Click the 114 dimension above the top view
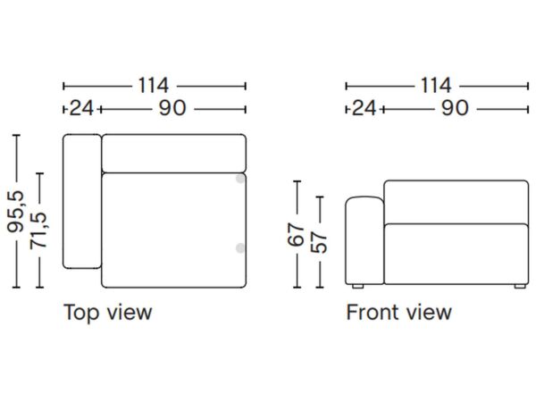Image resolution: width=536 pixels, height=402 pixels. click(x=153, y=86)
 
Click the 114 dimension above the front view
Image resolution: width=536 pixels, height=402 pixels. click(x=436, y=86)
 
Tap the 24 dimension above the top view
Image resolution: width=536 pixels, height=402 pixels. click(x=81, y=108)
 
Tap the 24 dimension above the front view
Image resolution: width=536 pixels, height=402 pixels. click(x=364, y=108)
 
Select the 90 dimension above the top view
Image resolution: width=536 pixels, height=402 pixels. click(x=172, y=108)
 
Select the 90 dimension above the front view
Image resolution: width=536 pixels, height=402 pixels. click(x=455, y=108)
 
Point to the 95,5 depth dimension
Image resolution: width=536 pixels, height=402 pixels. click(x=16, y=212)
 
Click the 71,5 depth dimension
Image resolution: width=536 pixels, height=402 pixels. click(x=38, y=230)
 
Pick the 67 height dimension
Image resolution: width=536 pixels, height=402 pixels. click(x=296, y=234)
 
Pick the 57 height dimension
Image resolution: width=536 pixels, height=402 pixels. click(x=319, y=242)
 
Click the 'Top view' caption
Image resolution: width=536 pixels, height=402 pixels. click(x=108, y=313)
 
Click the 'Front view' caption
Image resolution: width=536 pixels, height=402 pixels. click(x=399, y=313)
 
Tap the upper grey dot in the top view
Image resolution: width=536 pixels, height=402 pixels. click(x=240, y=179)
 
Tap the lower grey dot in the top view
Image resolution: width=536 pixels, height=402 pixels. click(x=240, y=248)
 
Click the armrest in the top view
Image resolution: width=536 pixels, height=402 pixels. click(x=82, y=201)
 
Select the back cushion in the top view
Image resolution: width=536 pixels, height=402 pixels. click(x=174, y=153)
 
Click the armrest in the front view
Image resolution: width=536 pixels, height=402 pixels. click(x=364, y=240)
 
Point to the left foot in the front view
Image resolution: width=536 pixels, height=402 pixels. click(x=357, y=287)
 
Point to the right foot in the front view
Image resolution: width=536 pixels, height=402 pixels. click(x=520, y=287)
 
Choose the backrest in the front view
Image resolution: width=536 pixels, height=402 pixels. click(x=456, y=202)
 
